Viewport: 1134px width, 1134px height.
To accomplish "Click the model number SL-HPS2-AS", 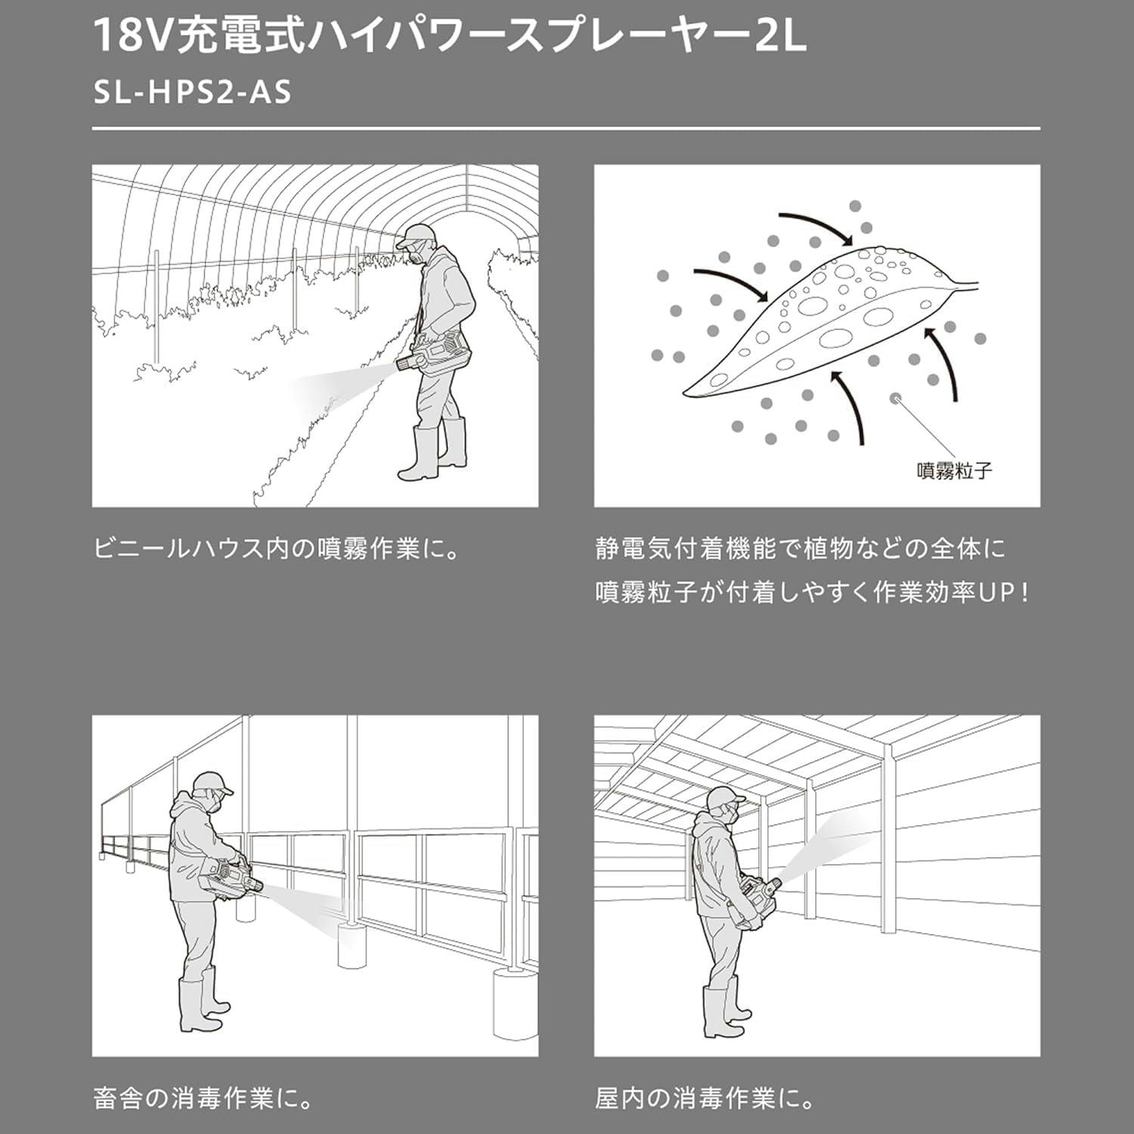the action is (192, 92).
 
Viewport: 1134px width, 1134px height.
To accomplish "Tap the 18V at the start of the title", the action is (132, 36).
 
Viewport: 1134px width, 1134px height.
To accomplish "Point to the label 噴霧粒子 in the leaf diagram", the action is (954, 470).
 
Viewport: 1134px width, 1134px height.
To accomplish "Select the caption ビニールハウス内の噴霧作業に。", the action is (277, 547).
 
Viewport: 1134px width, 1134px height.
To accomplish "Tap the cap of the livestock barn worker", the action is (212, 782).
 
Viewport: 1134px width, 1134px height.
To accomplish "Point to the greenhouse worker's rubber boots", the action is (432, 452).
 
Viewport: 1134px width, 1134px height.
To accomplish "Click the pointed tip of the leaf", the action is (683, 395).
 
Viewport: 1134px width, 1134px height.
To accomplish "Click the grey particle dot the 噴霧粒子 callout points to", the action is (897, 398).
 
